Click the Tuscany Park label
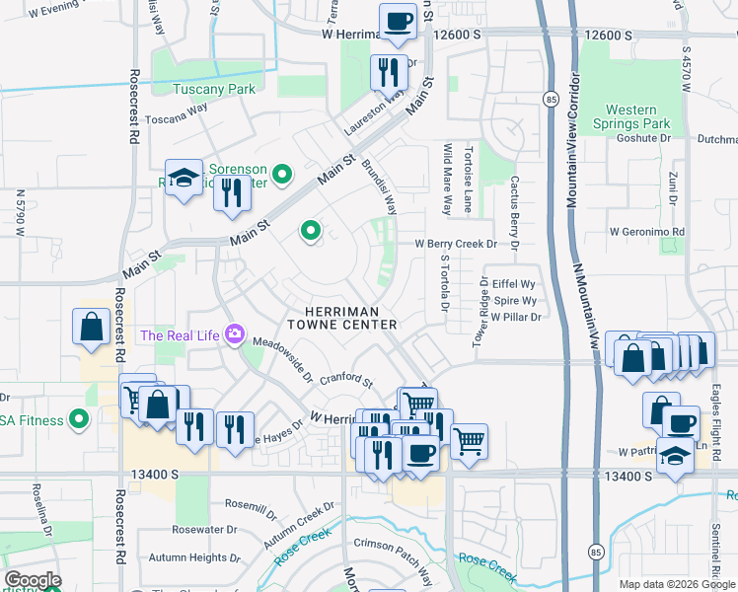tap(214, 89)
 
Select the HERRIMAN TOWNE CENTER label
tap(342, 316)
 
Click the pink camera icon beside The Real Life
tap(235, 335)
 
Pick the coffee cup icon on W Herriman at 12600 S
tap(398, 21)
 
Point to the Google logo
tap(33, 580)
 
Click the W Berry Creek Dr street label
tap(466, 243)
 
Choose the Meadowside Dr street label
tap(281, 360)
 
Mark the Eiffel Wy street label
tap(512, 282)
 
